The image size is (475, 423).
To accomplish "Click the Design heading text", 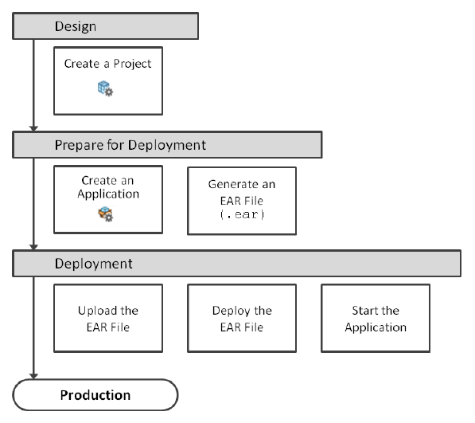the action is click(x=76, y=26).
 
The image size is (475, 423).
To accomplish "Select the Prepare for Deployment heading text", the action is click(x=130, y=145).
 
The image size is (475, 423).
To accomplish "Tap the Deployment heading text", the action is click(x=93, y=264).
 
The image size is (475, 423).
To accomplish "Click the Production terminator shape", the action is click(x=95, y=395).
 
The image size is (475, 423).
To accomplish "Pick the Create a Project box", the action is click(x=108, y=81).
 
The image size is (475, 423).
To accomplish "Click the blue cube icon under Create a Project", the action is click(x=105, y=88).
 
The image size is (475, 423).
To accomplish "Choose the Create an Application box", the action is click(x=108, y=199).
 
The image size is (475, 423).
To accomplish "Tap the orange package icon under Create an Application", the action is click(x=105, y=213).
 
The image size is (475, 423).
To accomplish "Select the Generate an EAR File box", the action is click(x=242, y=201).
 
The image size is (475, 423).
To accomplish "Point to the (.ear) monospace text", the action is click(x=242, y=214).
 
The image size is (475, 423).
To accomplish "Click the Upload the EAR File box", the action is click(x=108, y=318).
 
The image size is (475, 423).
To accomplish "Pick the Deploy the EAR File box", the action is click(x=242, y=318).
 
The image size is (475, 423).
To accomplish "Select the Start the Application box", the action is click(x=376, y=318).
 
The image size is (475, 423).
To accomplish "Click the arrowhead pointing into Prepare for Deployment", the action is click(x=33, y=128).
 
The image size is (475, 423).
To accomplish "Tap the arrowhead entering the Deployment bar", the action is click(x=33, y=247).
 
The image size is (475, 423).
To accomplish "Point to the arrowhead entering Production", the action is click(x=33, y=376).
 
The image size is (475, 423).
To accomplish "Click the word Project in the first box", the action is click(x=132, y=65).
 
